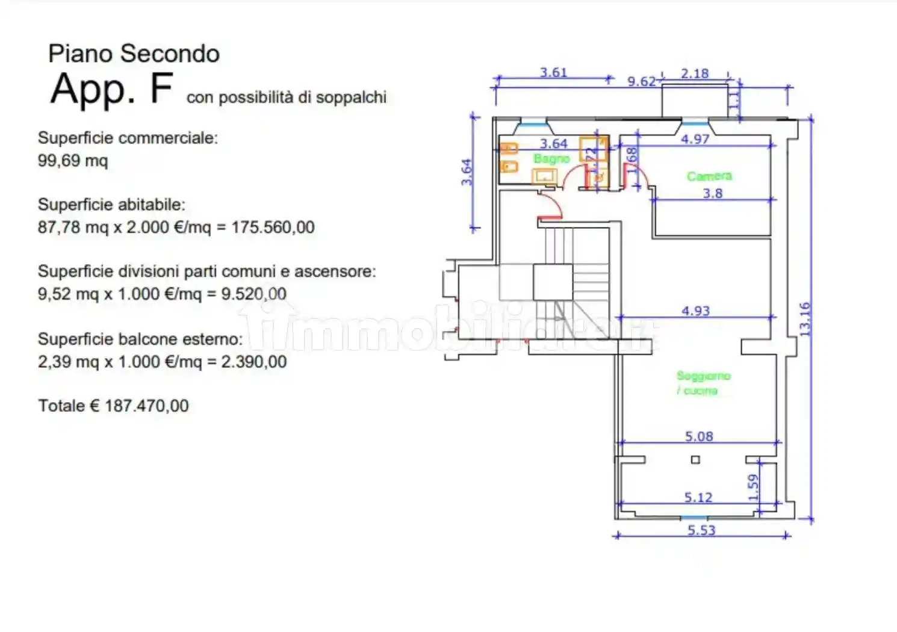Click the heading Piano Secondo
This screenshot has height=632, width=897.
[x=134, y=54]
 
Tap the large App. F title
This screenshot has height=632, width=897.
[x=112, y=89]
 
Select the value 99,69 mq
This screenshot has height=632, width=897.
[x=73, y=161]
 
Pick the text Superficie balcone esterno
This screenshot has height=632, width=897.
[x=140, y=339]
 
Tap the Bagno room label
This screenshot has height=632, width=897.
[x=551, y=159]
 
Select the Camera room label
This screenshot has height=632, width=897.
[x=709, y=176]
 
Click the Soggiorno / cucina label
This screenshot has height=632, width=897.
[x=703, y=383]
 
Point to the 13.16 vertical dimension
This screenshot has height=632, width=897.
[x=805, y=319]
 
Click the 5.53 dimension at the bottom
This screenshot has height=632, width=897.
[x=701, y=530]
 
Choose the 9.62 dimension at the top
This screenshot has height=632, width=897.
[x=641, y=81]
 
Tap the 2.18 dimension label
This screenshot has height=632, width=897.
[x=695, y=73]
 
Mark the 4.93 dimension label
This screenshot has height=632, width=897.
[x=695, y=311]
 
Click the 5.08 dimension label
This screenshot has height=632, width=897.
[x=698, y=436]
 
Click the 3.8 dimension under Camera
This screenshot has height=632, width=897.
[x=713, y=193]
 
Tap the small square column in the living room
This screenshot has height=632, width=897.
[x=695, y=460]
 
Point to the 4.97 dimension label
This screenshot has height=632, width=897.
[x=695, y=139]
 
